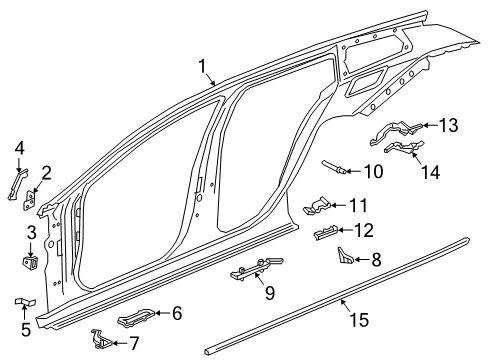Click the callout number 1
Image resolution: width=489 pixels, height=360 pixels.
click(203, 67)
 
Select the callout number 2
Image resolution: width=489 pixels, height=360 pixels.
click(45, 171)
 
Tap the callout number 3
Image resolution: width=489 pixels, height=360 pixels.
click(31, 232)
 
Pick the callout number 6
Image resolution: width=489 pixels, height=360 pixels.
click(176, 313)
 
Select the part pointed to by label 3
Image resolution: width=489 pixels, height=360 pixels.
click(30, 263)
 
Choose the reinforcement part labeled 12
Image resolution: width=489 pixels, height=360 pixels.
click(328, 235)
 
